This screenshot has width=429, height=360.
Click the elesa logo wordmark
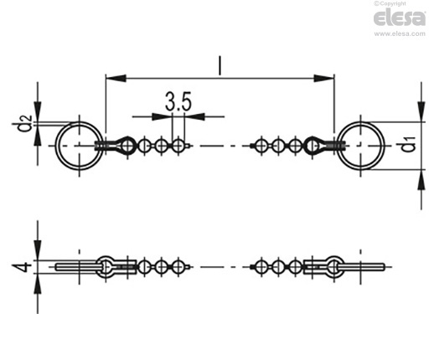pos(400,18)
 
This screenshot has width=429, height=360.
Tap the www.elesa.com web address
pos(400,33)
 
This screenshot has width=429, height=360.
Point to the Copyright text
pos(390,3)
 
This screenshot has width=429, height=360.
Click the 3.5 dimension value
pos(178,101)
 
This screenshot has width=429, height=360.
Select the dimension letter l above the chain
pos(220,65)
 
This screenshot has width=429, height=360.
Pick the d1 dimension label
pos(408,144)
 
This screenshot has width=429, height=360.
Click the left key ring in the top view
pos(55,146)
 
